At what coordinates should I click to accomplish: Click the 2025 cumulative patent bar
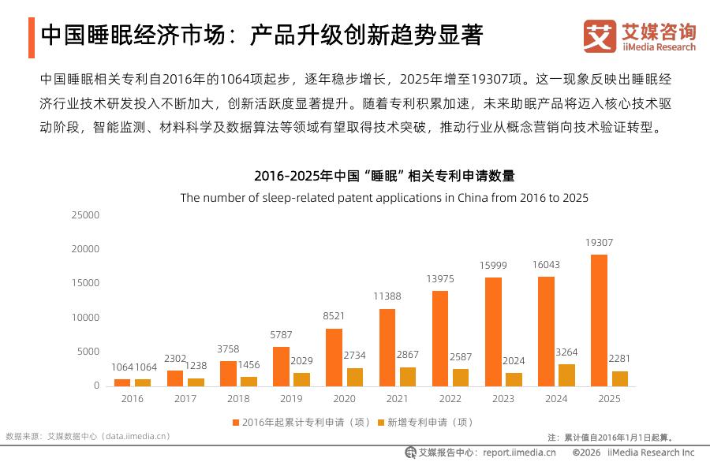click(x=599, y=320)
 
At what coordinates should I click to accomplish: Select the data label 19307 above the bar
click(x=599, y=243)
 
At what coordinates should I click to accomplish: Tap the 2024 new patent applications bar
click(x=567, y=375)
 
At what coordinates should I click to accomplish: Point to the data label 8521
click(x=334, y=316)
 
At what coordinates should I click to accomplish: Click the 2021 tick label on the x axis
click(x=397, y=399)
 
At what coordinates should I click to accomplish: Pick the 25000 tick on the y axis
click(x=85, y=215)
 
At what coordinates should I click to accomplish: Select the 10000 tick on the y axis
click(x=85, y=318)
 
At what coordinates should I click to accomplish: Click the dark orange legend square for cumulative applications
click(x=235, y=423)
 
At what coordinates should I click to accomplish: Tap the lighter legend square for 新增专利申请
click(x=381, y=423)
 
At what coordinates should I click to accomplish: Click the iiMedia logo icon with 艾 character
click(x=600, y=36)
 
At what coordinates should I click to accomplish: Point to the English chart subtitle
click(x=384, y=198)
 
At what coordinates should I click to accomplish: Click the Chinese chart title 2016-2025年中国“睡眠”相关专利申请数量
click(x=384, y=176)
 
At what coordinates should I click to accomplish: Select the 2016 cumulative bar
click(x=122, y=383)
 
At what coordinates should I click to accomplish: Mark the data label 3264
click(x=567, y=352)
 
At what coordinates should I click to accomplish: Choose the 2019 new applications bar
click(x=301, y=380)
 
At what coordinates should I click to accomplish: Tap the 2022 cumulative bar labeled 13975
click(x=440, y=338)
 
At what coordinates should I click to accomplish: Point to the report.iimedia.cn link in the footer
click(x=519, y=453)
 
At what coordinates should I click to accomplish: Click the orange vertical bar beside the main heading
click(x=32, y=38)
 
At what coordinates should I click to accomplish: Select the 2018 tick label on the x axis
click(x=238, y=399)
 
